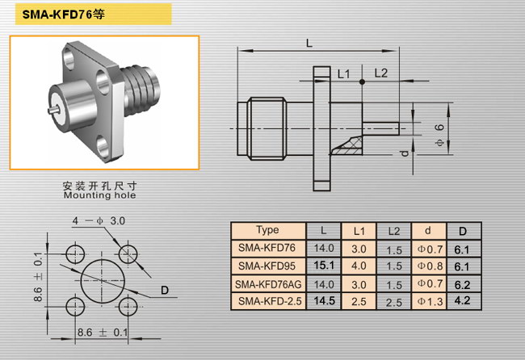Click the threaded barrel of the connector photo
tap(141, 90)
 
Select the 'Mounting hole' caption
tap(100, 195)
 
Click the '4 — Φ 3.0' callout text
tap(99, 220)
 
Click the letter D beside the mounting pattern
tap(165, 290)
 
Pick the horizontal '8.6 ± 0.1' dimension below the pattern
tap(103, 333)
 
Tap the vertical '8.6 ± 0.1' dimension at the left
tap(38, 277)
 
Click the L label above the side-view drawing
tap(309, 43)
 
